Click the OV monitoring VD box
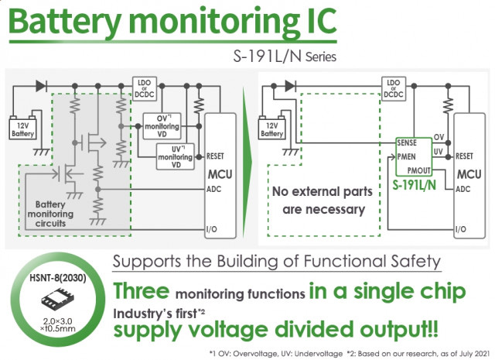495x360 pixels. (162, 126)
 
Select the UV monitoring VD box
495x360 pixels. (176, 156)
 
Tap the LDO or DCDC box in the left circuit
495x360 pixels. (145, 89)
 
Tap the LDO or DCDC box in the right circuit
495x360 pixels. (394, 89)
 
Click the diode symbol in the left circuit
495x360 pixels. (41, 86)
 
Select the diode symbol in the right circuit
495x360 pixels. (291, 86)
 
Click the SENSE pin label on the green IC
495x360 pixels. (407, 143)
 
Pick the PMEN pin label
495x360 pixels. (406, 156)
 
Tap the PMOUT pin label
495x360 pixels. (419, 170)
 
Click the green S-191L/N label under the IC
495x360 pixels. (415, 185)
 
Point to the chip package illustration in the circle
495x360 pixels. (58, 298)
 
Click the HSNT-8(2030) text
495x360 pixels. (58, 278)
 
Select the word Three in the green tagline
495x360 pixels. (141, 291)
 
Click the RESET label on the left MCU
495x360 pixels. (215, 156)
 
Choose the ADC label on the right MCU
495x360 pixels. (463, 190)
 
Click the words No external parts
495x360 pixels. (323, 192)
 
